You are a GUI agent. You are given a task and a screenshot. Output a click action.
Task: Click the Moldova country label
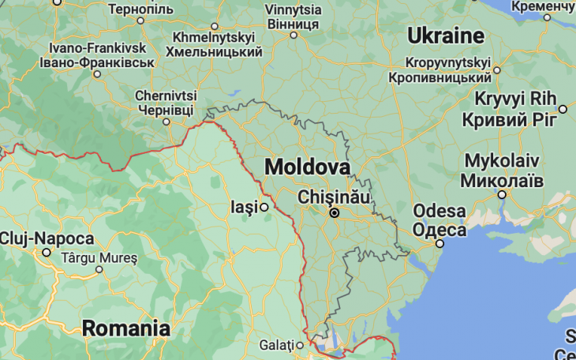307,167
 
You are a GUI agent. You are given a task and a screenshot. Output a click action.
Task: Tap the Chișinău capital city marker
335,212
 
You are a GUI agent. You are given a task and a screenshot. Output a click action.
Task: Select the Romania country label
126,328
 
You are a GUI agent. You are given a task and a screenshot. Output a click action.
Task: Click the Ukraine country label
445,36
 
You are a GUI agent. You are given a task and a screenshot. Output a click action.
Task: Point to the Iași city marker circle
265,208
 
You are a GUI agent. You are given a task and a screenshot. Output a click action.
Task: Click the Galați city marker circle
300,345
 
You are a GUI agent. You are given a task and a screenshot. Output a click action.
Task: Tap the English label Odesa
439,212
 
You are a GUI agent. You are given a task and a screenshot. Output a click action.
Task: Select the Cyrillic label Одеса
439,229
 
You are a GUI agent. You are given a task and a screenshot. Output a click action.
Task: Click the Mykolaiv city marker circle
502,194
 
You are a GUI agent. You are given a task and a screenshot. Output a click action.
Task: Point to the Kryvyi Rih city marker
563,109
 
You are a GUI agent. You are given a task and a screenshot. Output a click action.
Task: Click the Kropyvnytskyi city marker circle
497,69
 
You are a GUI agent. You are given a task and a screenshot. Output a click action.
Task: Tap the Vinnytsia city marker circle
294,35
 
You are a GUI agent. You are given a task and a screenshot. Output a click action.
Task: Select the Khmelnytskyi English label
213,37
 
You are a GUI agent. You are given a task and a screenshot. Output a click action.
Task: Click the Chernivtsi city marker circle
166,122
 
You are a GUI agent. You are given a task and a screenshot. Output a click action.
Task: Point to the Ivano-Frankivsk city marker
97,74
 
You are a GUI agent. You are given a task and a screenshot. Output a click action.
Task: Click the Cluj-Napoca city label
47,238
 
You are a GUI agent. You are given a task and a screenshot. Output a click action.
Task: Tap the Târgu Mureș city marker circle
99,269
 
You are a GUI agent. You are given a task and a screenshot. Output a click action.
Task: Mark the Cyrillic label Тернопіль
140,9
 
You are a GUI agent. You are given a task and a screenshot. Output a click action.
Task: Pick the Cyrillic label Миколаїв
503,179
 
